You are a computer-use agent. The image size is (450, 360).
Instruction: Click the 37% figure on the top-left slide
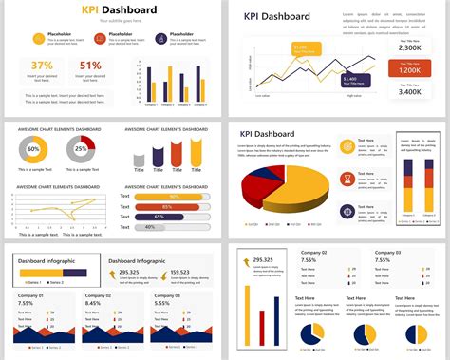[x=43, y=66]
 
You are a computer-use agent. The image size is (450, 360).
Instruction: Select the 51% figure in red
[x=90, y=66]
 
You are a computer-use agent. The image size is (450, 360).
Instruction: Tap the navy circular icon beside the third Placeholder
[x=160, y=39]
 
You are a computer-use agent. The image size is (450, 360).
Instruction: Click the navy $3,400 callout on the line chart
[x=347, y=79]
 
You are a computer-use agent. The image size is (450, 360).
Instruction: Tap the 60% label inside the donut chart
[x=33, y=149]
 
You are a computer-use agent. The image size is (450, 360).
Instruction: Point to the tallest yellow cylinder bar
[x=197, y=151]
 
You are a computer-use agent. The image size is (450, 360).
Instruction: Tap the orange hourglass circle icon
[x=347, y=179]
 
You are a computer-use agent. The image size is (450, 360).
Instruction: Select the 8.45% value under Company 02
[x=92, y=304]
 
